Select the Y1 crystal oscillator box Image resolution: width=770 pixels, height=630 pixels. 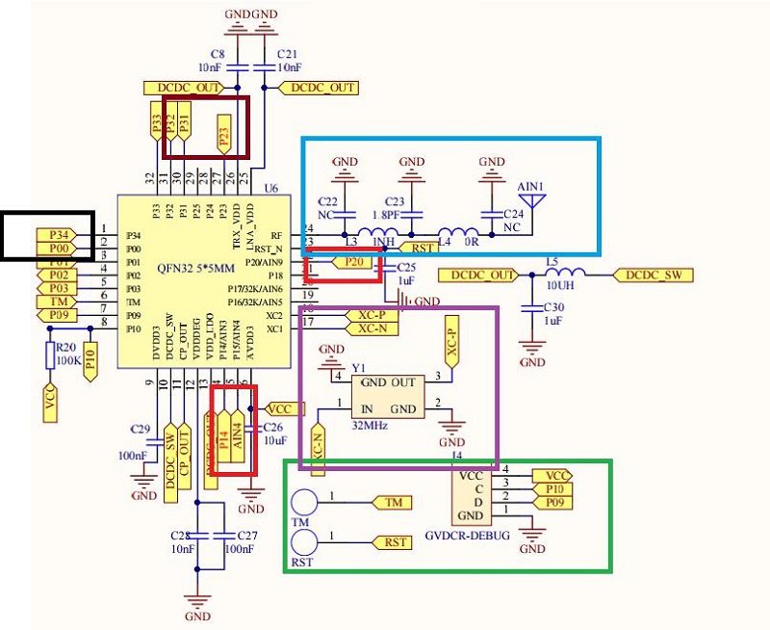click(390, 395)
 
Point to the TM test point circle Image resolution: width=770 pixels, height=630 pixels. click(305, 503)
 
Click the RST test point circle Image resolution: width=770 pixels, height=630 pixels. click(305, 542)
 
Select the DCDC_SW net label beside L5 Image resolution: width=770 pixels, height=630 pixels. click(655, 275)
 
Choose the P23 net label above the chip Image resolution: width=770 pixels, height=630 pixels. click(225, 135)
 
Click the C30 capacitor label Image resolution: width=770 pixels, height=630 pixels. click(556, 307)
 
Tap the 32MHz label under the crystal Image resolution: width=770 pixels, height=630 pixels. click(370, 425)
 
